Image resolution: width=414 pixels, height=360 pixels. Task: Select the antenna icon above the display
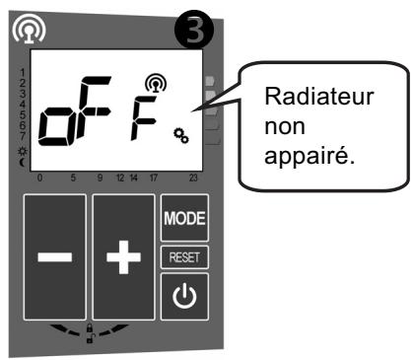20,31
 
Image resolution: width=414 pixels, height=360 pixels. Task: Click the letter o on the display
52,138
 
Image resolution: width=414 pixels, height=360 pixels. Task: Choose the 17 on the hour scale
154,180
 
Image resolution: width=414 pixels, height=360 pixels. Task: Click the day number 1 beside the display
24,74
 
